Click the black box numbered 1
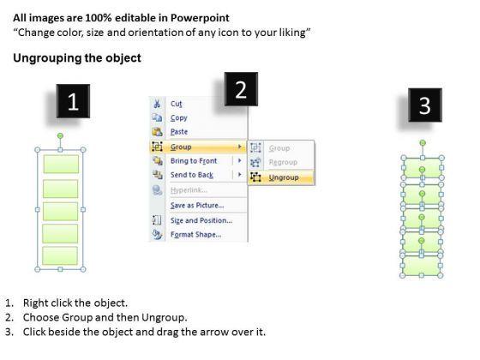73,101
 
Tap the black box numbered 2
241,89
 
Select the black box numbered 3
425,105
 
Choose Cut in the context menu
176,104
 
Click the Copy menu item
179,118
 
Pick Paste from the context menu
179,132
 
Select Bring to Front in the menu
194,161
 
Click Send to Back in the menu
192,175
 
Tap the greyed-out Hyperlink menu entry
189,190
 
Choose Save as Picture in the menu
197,205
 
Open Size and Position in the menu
201,220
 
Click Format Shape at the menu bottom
196,235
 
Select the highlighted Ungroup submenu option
284,177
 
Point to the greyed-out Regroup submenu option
283,162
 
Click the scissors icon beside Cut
157,104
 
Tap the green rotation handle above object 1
60,135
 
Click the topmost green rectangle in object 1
61,164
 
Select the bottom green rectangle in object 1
60,255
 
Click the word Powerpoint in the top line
200,18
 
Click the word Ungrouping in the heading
46,58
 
